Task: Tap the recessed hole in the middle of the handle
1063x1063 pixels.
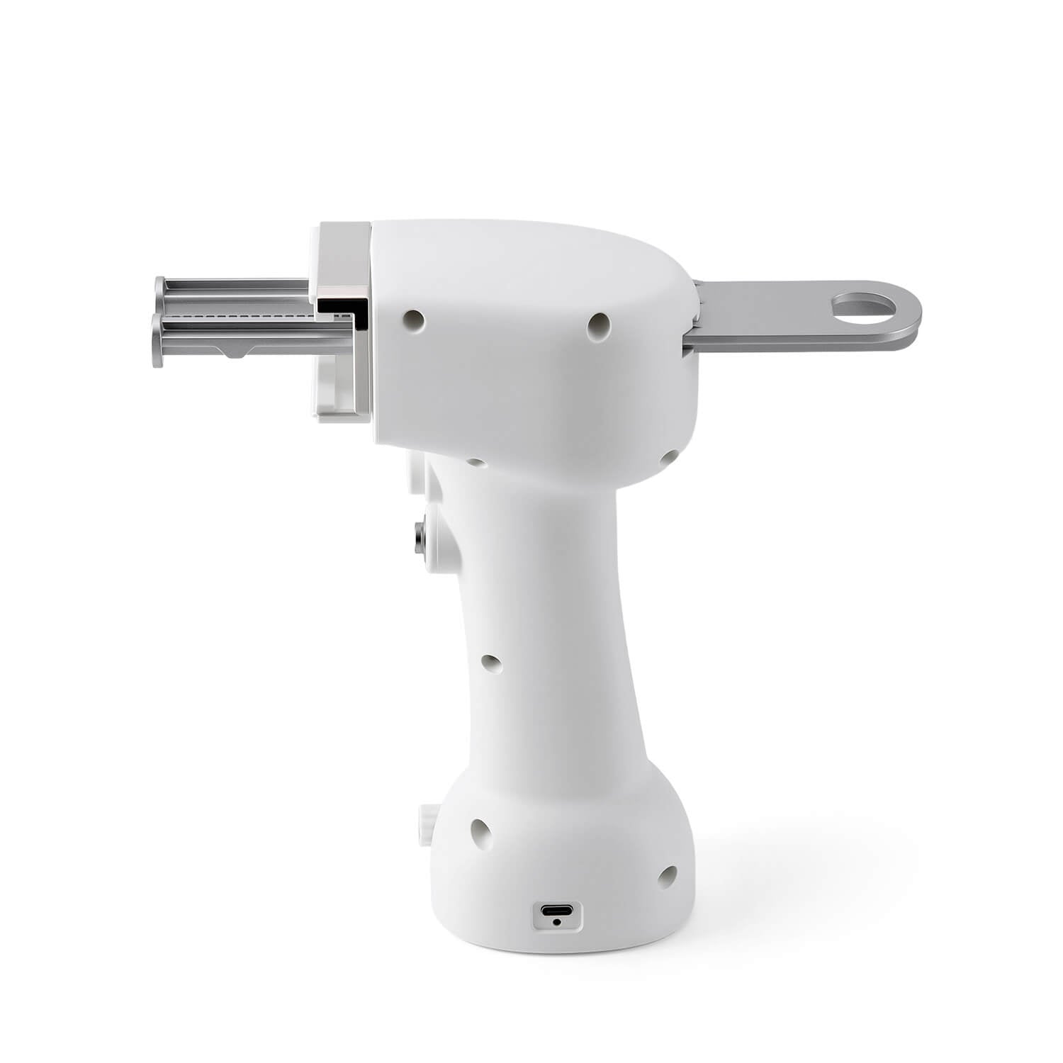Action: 490,663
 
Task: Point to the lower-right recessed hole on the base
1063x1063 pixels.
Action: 666,877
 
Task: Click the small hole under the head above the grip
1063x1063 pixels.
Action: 476,463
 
